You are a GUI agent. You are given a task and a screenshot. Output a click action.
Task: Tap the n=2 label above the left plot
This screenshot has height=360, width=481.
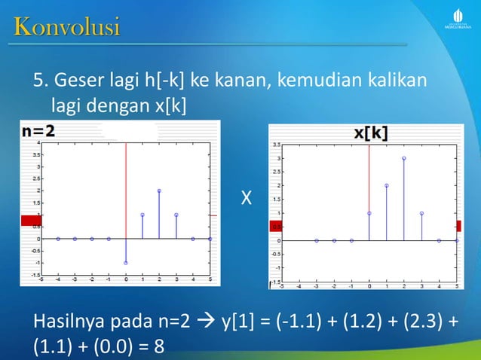38,131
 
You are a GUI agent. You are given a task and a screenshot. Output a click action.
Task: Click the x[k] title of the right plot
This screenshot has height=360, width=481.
372,133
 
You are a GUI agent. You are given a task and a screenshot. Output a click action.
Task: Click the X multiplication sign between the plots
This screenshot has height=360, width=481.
246,199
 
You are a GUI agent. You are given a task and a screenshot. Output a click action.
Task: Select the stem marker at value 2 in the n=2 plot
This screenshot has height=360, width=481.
159,191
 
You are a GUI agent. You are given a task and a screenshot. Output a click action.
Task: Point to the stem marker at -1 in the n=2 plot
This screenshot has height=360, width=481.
126,263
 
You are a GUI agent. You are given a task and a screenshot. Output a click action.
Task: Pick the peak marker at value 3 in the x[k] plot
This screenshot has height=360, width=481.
404,158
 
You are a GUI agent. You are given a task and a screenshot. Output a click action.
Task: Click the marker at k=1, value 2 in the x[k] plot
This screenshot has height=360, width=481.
387,185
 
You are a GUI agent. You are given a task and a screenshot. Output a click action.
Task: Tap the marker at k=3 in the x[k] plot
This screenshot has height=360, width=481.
421,213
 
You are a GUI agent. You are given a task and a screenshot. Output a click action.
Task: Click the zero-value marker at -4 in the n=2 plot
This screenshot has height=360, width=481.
58,239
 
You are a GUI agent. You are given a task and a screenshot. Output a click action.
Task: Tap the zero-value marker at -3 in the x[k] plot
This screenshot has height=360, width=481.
317,240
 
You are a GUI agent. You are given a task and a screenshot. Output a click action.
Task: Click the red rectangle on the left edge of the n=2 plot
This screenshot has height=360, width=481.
29,220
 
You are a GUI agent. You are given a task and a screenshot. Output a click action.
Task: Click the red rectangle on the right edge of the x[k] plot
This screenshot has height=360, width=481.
458,225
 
